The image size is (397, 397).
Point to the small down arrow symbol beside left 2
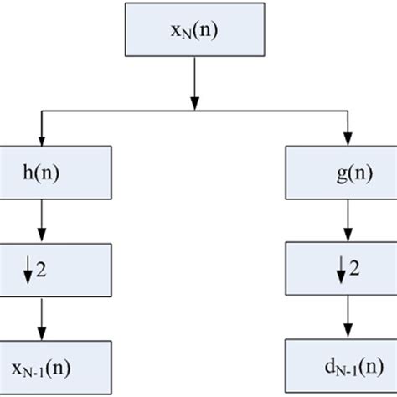[28, 271]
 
